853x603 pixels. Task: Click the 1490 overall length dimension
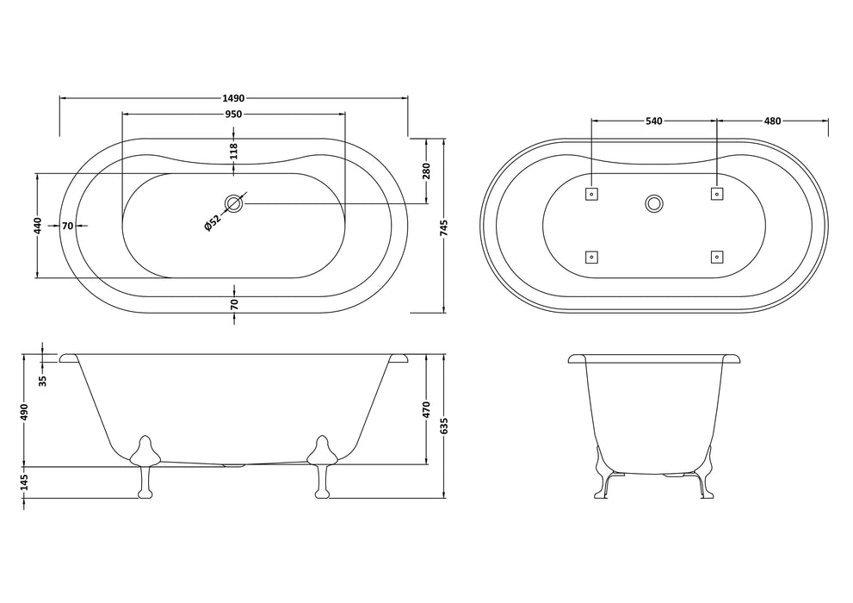tap(232, 98)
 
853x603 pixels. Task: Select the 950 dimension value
tap(232, 114)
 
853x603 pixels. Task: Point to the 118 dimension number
tap(233, 152)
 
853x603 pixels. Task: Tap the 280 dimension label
tap(426, 171)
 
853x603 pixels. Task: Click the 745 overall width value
tap(444, 226)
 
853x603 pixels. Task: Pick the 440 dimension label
tap(37, 226)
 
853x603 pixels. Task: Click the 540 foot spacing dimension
tap(653, 121)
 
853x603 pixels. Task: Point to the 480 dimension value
tap(772, 121)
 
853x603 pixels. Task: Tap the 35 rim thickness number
tap(42, 379)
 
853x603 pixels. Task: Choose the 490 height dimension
tap(26, 412)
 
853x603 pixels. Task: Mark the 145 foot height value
tap(26, 482)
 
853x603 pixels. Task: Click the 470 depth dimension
tap(426, 411)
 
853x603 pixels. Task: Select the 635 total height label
tap(444, 426)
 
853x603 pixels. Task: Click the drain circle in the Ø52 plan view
tap(233, 204)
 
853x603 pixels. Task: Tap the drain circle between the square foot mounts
tap(653, 204)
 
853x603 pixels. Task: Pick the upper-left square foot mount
tap(591, 194)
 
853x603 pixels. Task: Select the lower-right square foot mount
tap(715, 257)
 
